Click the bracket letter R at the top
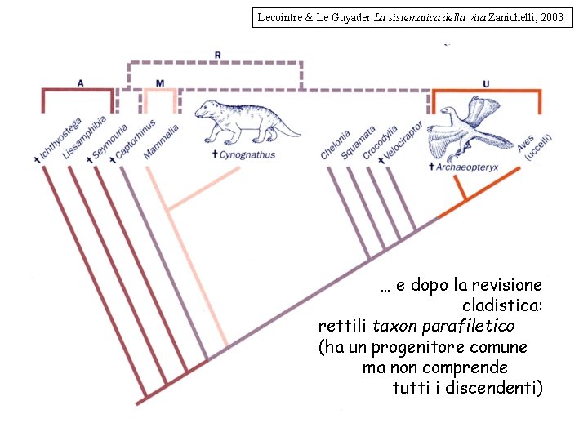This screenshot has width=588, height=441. tap(218, 56)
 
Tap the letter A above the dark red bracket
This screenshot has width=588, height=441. tap(80, 83)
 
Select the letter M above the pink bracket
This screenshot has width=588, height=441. tap(160, 83)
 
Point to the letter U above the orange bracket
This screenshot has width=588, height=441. tap(486, 84)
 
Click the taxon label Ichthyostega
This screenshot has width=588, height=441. tap(59, 140)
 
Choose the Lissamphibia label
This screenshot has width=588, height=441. tap(84, 138)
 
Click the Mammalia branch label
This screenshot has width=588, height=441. tap(161, 142)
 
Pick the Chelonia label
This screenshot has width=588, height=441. tap(336, 145)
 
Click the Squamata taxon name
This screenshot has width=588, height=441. tap(358, 143)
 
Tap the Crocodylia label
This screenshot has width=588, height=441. tap(380, 143)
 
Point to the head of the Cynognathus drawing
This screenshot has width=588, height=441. tap(204, 109)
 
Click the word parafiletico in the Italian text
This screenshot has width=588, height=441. tap(469, 326)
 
